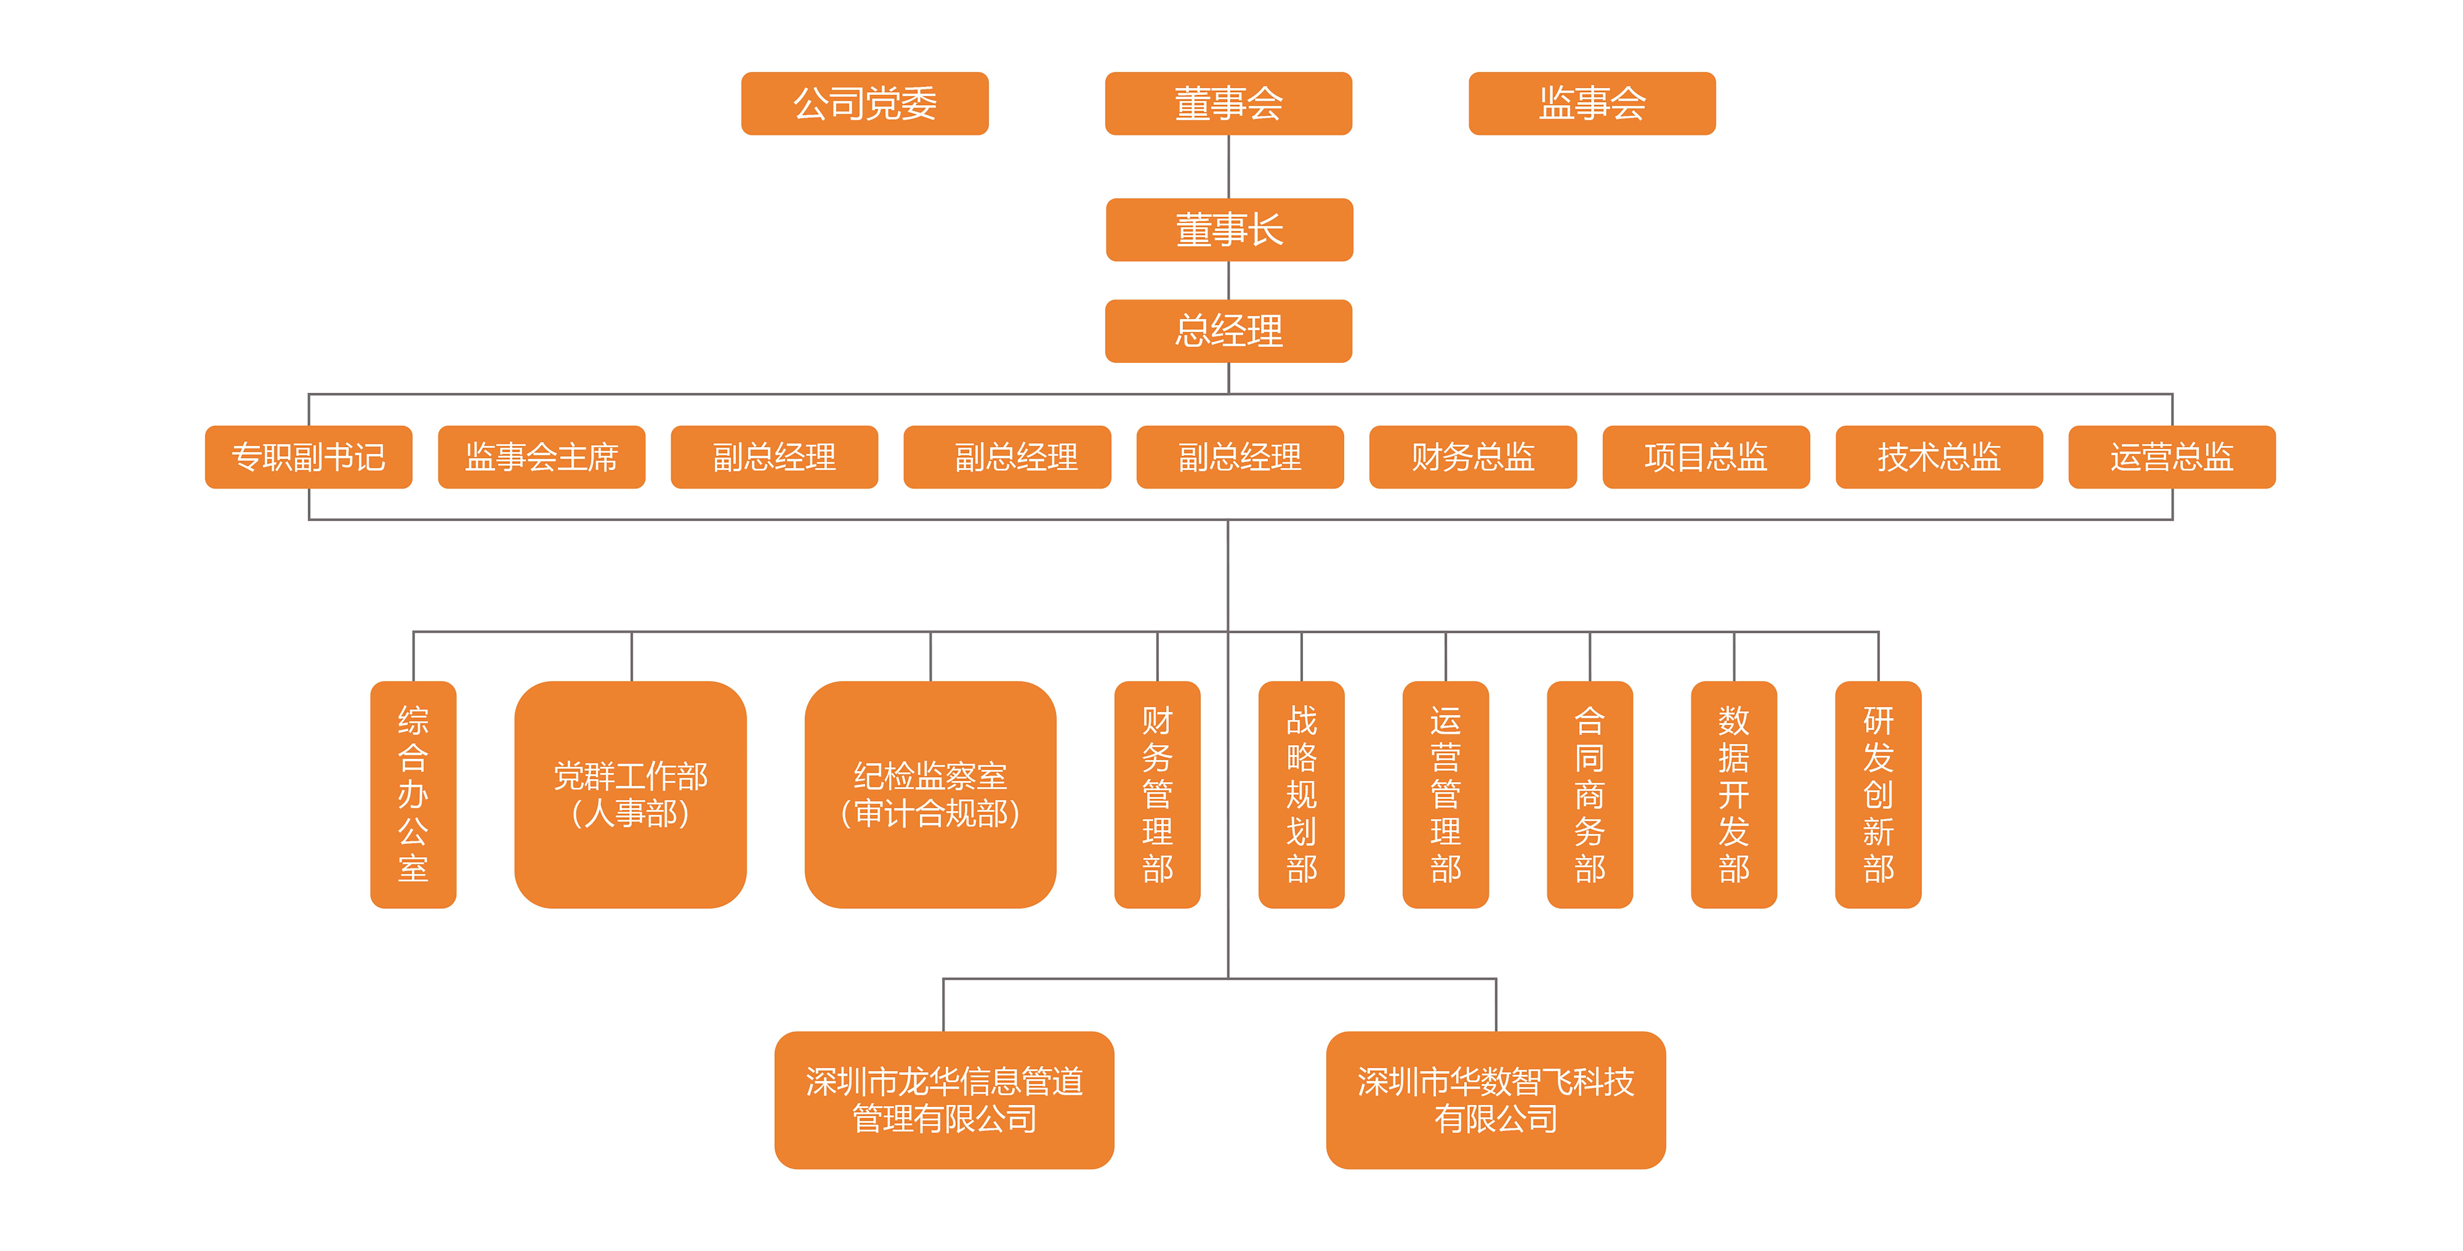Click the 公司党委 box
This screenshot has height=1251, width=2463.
(864, 103)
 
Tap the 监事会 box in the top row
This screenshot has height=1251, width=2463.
(1592, 103)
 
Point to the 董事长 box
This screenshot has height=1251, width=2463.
(1229, 229)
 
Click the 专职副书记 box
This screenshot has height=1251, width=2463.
(308, 457)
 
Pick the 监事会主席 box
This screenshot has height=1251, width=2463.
(541, 457)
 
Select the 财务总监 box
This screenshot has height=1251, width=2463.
(1472, 457)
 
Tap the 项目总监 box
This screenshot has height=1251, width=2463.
(1706, 457)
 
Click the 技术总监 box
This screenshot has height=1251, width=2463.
(1939, 457)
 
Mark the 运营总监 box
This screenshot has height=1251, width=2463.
(2171, 457)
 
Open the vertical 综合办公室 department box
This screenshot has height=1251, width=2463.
(413, 794)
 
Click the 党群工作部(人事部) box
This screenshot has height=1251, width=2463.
(630, 794)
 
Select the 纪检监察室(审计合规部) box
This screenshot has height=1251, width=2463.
(930, 794)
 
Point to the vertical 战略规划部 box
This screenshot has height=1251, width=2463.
(1301, 794)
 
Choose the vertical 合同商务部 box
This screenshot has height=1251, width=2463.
(1589, 794)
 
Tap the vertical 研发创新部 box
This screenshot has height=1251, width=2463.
(1878, 794)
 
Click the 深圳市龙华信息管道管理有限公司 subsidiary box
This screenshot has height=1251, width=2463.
(944, 1100)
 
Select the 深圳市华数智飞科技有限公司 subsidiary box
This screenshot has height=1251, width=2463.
(1495, 1100)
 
